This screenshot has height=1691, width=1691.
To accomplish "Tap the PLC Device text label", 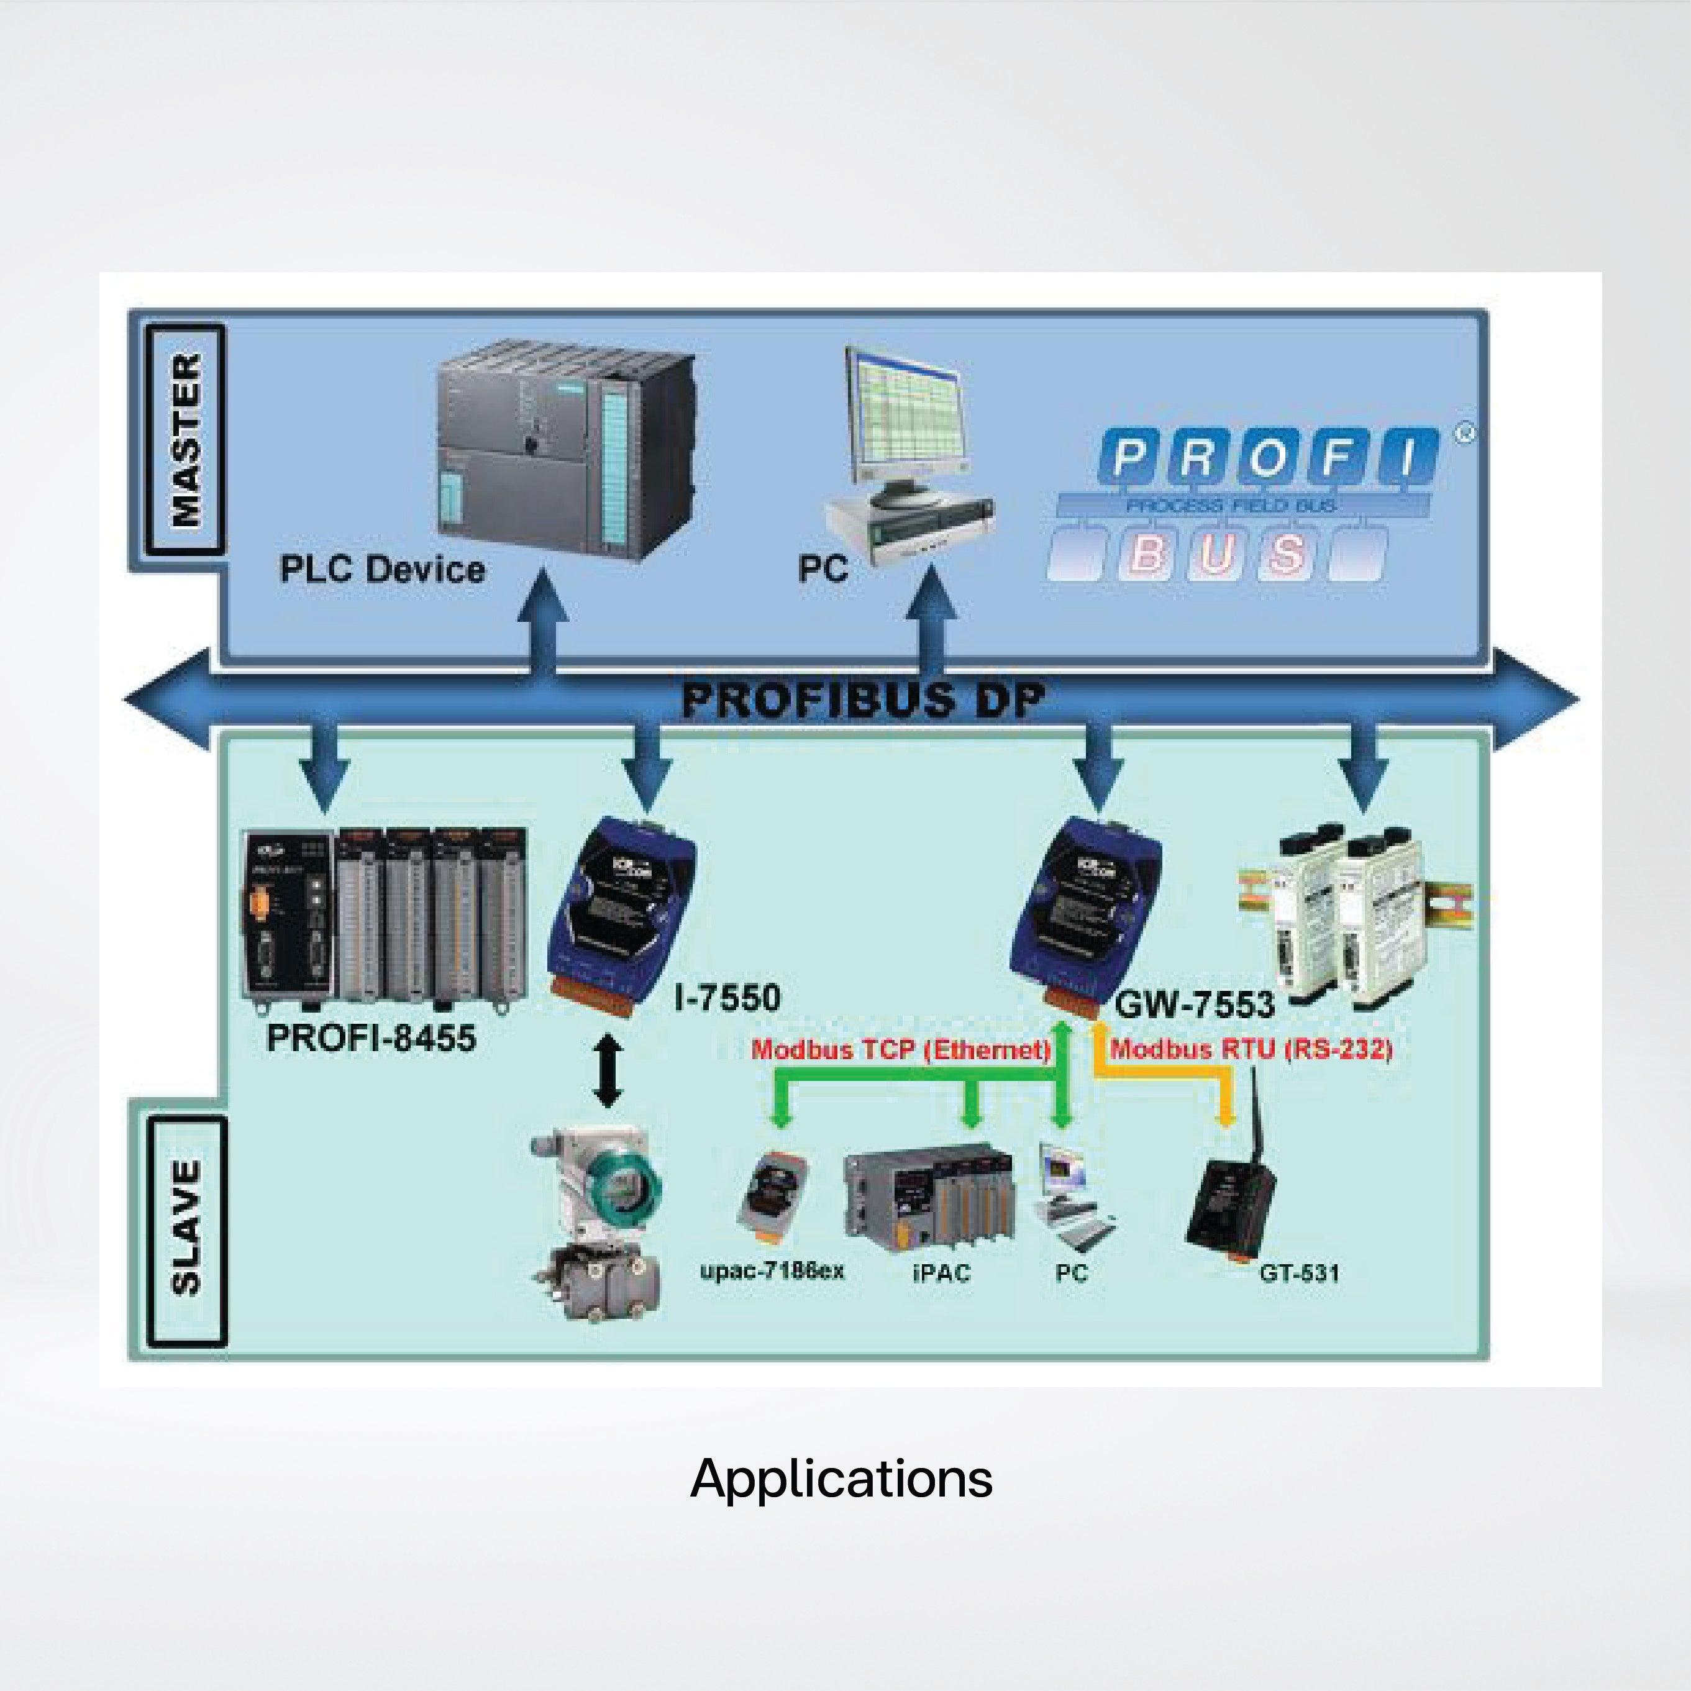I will pos(381,570).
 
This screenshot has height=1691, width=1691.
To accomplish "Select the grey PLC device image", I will pos(565,451).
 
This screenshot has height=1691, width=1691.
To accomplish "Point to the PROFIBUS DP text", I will pos(863,700).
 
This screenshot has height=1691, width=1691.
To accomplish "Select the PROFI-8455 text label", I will pos(371,1038).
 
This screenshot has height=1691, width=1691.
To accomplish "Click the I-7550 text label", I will pos(727,998).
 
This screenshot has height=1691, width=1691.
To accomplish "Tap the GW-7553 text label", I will pos(1194,1005).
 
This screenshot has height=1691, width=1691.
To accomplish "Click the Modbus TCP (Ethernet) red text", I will pos(901,1049).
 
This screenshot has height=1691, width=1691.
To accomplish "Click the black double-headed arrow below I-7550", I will pos(608,1072).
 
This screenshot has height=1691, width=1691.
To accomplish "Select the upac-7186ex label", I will pos(772,1271).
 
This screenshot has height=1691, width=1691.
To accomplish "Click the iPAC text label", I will pos(941,1273).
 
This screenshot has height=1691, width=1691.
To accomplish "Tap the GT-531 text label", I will pos(1299,1273).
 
